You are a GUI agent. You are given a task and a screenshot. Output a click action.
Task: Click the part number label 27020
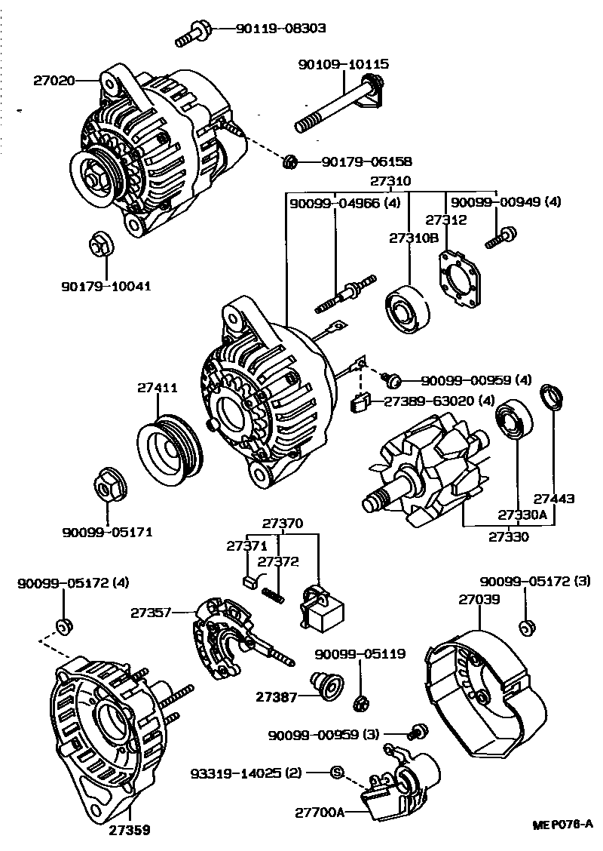54,79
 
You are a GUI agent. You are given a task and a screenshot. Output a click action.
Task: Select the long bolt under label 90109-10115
332,109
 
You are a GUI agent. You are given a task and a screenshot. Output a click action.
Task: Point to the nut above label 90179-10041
99,244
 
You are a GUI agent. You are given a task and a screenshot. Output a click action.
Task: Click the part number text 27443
554,499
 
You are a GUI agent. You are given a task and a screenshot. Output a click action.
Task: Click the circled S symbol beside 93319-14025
337,771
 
